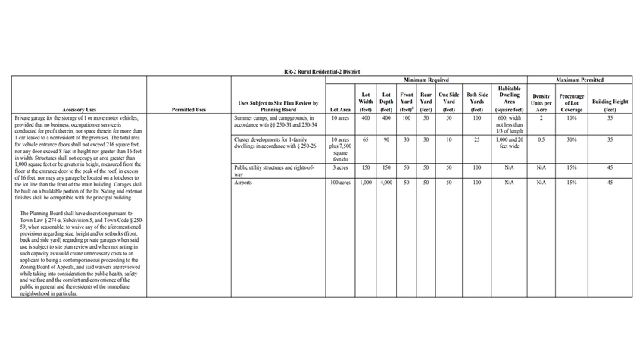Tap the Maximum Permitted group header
[x=579, y=80]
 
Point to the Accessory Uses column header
[x=80, y=110]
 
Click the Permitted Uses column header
[x=189, y=110]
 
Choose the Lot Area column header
[x=340, y=110]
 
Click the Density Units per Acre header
[x=542, y=102]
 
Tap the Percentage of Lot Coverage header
[x=572, y=102]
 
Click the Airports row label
[x=245, y=183]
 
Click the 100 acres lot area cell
[x=340, y=183]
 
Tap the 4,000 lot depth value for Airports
[x=386, y=183]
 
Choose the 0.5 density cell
[x=542, y=140]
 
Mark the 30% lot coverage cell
[x=572, y=140]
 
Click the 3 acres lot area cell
[x=340, y=167]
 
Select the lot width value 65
[x=366, y=140]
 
